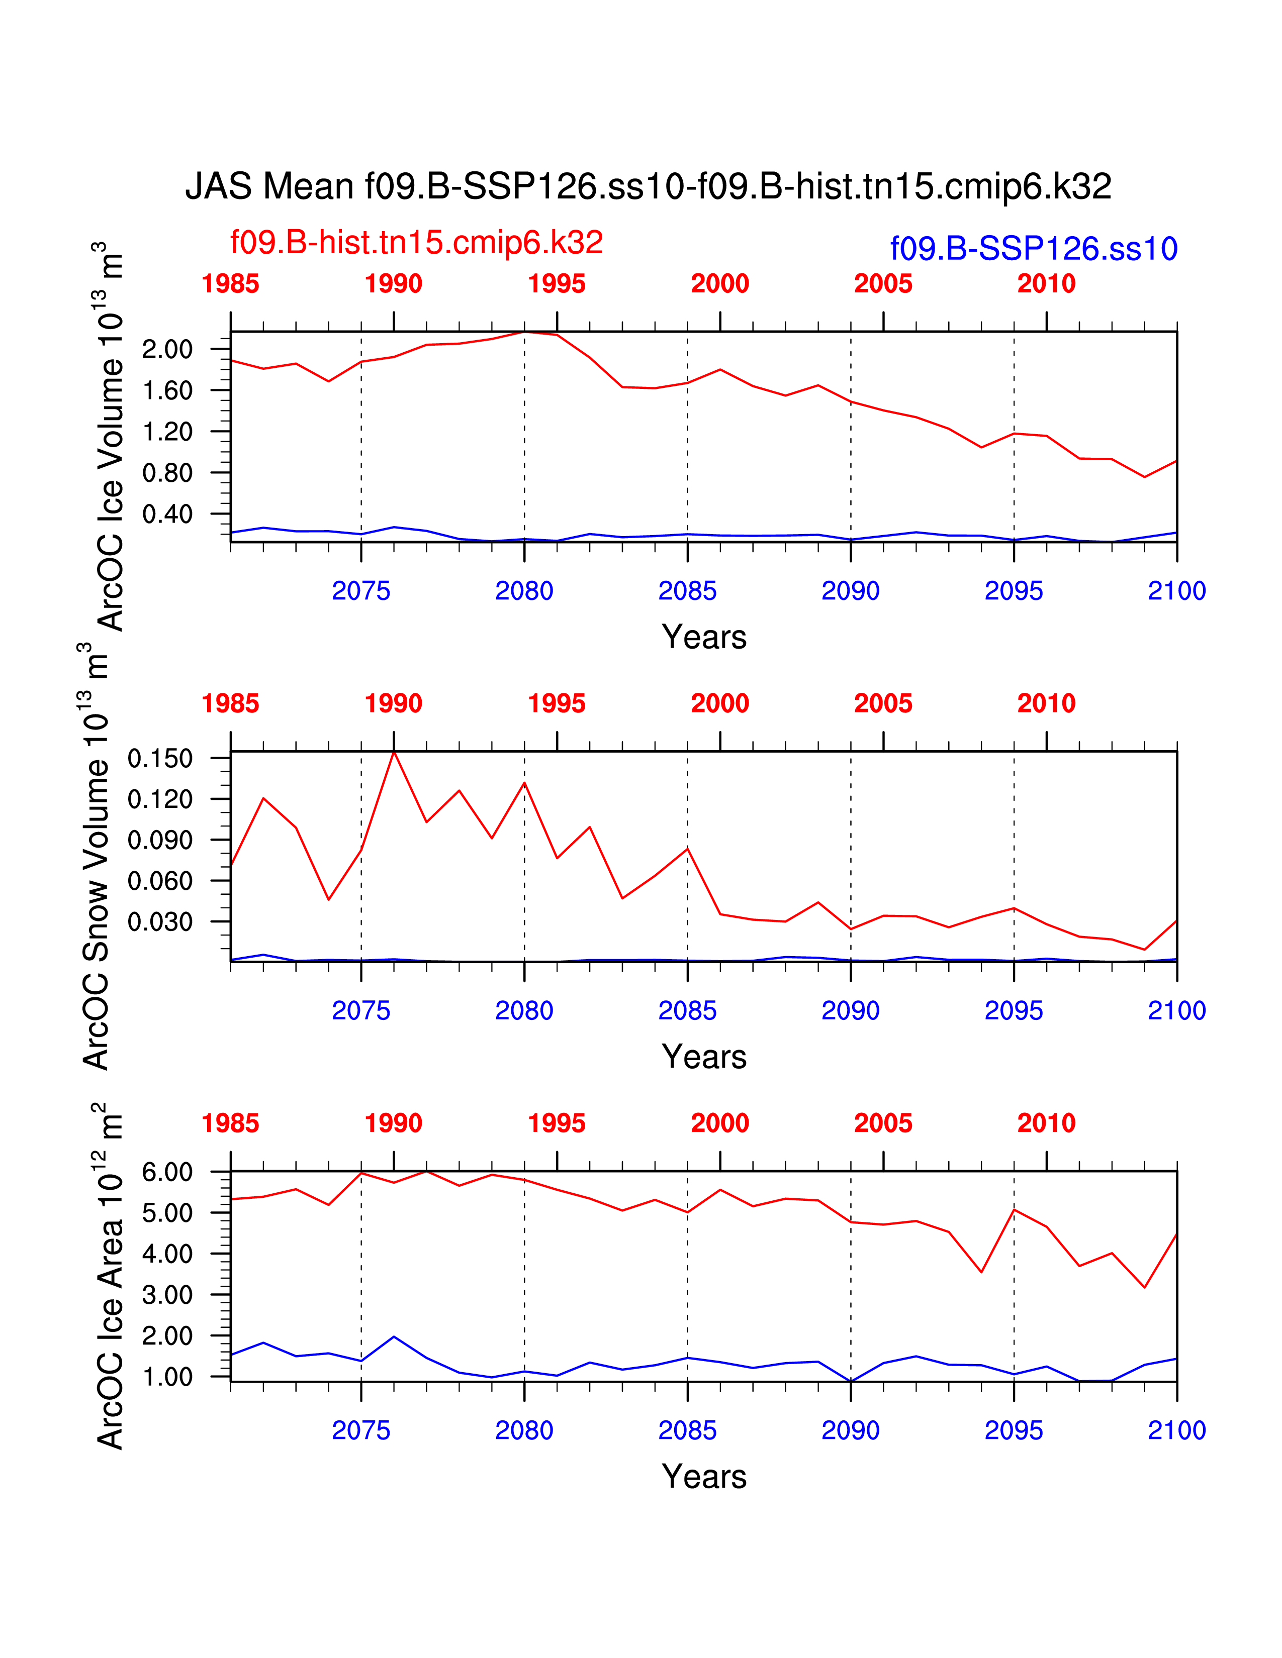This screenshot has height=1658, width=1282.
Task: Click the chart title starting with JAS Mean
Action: [648, 187]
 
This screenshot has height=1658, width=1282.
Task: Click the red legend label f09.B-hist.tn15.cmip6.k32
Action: [416, 243]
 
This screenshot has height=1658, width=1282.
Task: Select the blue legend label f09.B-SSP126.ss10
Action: [1034, 249]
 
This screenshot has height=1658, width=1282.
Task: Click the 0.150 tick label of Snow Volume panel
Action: [160, 758]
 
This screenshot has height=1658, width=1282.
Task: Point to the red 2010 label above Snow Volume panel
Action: [1046, 704]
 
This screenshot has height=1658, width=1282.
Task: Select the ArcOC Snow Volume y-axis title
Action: [97, 858]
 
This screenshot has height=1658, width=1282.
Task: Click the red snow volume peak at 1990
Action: [394, 752]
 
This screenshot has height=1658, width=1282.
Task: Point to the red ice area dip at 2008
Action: [982, 1272]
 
